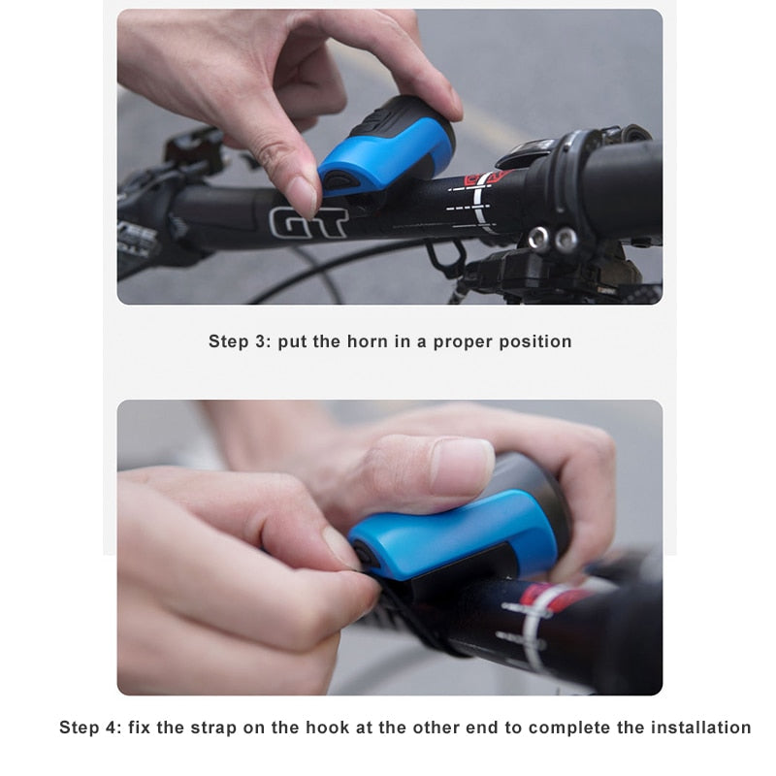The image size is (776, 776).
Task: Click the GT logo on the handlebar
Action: point(308,223)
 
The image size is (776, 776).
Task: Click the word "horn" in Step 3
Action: point(367,341)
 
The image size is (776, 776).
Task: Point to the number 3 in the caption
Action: point(260,341)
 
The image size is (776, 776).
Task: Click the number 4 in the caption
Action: point(111,727)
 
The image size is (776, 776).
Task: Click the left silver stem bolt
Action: point(538,238)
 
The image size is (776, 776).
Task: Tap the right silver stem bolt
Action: point(566,240)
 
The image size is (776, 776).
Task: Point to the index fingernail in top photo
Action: point(303,197)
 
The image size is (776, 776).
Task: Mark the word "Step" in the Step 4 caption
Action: point(79,728)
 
